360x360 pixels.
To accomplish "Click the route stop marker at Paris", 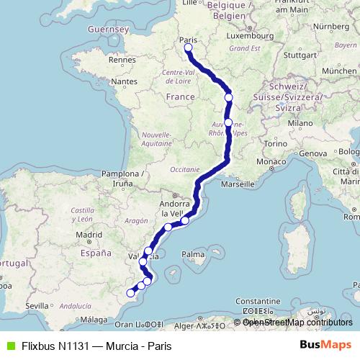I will point(188,48).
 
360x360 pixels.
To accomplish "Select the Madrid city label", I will point(91,234).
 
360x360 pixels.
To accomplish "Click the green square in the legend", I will point(9,345).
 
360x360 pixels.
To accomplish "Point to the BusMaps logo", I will point(325,345).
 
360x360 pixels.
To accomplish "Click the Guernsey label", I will point(107,30).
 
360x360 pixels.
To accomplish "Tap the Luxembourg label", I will point(246,35).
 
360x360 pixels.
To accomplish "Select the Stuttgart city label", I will point(300,54).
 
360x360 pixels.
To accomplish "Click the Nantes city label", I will point(124,82).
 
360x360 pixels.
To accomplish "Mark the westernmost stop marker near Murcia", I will point(130,292).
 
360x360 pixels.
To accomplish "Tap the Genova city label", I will point(312,153).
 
